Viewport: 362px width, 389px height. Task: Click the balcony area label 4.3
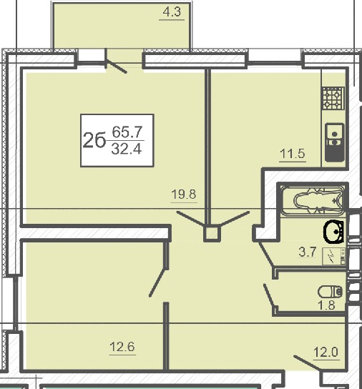coord(172,12)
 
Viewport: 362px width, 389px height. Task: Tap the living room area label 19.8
coord(184,194)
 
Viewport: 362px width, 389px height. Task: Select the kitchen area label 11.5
coord(292,154)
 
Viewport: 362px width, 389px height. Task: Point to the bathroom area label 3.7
coord(308,252)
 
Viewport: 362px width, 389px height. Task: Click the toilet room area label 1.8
coord(326,305)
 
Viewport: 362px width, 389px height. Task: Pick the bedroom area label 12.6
coord(122,346)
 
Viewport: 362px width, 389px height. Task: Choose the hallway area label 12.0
coord(326,352)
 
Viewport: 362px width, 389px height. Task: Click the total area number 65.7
coord(127,132)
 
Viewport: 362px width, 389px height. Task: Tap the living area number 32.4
coord(127,149)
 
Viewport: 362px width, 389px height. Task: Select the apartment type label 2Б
coord(94,140)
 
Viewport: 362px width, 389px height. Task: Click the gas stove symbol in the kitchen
coord(333,98)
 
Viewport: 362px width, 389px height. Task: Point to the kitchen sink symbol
coord(335,142)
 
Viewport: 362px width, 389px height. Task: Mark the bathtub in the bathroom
coord(313,200)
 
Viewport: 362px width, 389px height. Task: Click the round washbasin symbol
coord(334,231)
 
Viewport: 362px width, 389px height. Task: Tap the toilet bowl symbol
coord(331,292)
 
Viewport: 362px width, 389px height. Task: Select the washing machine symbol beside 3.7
coord(333,256)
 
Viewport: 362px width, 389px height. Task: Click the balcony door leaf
coord(116,67)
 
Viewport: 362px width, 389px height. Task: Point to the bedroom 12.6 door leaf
coord(157,282)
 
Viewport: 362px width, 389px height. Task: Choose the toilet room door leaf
coord(270,296)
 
